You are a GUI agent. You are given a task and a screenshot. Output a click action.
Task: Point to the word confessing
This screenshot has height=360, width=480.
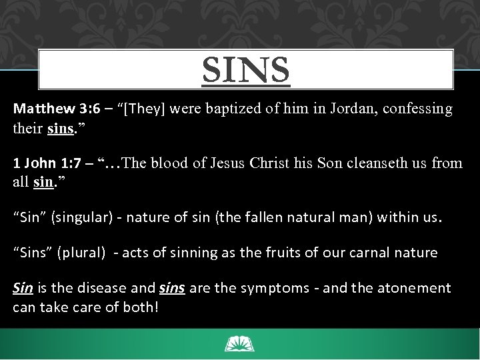click(415, 108)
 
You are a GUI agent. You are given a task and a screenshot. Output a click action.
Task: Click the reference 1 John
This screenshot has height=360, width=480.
click(35, 163)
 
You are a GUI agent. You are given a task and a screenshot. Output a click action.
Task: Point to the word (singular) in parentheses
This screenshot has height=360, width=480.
click(78, 217)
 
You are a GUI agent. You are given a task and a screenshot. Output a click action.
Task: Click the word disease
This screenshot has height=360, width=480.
click(101, 288)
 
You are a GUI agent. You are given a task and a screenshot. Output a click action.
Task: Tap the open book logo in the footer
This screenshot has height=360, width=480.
click(239, 344)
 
